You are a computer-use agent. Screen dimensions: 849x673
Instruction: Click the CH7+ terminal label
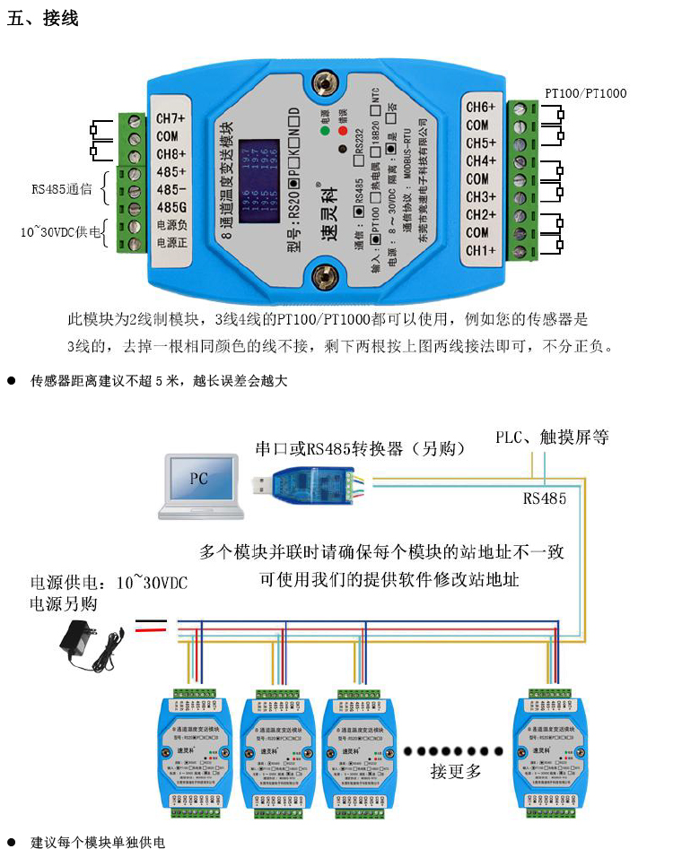pos(170,118)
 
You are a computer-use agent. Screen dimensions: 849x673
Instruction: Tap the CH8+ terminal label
pos(170,154)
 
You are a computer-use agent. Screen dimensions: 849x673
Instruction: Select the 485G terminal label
pos(170,208)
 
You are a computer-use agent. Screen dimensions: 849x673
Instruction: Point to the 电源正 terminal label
pos(170,242)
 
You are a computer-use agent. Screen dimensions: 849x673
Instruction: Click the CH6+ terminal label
pos(481,108)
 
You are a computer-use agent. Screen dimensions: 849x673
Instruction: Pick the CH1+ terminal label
pos(481,250)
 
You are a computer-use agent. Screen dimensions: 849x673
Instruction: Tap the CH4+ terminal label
pos(481,161)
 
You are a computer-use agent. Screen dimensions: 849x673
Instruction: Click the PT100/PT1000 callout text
pos(586,93)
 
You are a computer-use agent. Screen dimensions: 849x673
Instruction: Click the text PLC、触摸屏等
pos(552,437)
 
